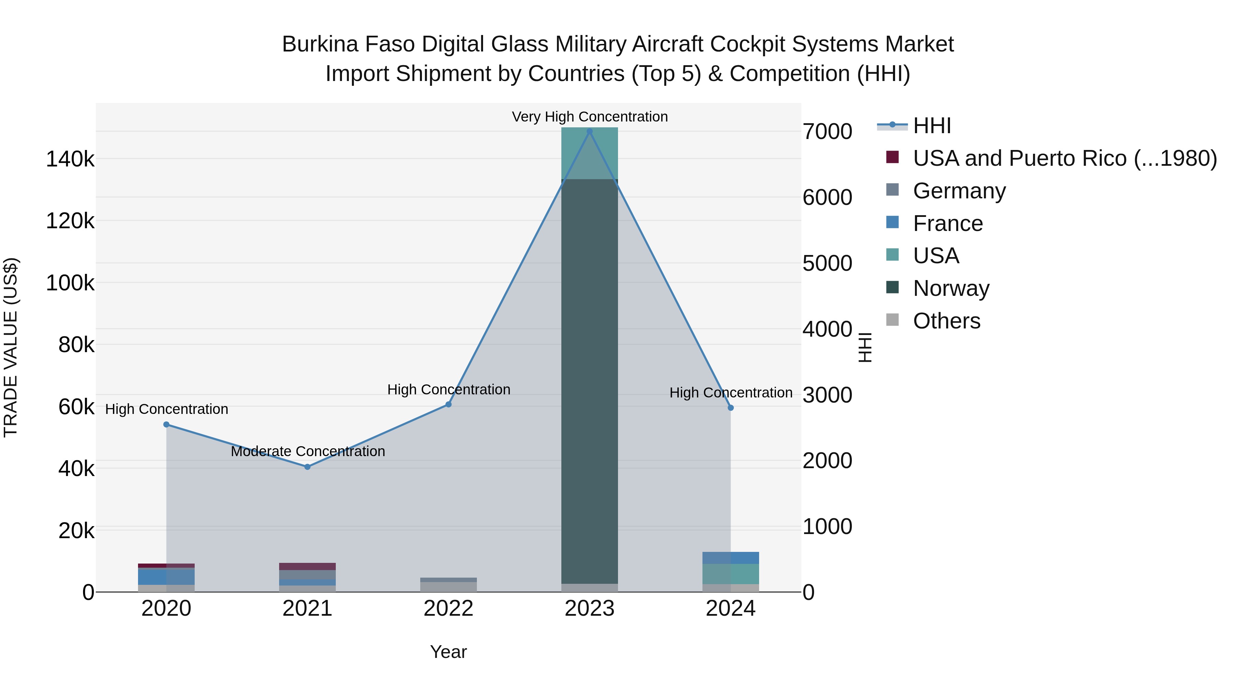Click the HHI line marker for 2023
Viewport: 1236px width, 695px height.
coord(590,131)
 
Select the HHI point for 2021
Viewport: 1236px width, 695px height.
coord(308,467)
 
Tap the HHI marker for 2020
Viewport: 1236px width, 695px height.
coord(167,425)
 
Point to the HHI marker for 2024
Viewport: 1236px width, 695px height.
coord(731,408)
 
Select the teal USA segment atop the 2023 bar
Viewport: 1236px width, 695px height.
coord(590,153)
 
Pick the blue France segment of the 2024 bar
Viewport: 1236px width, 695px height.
coord(731,558)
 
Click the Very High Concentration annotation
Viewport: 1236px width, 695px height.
coord(590,117)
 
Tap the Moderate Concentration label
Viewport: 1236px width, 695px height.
coord(308,451)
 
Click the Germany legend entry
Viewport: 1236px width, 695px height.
coord(959,191)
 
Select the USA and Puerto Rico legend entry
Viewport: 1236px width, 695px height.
coord(1064,158)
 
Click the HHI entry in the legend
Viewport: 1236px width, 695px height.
coord(931,126)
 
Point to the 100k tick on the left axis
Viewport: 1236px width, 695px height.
coord(70,283)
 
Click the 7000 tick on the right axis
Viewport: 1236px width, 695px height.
coord(827,131)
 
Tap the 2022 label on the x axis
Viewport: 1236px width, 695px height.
coord(449,609)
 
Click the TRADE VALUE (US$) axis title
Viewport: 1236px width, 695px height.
coord(11,347)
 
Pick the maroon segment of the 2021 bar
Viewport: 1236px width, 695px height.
coord(308,566)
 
